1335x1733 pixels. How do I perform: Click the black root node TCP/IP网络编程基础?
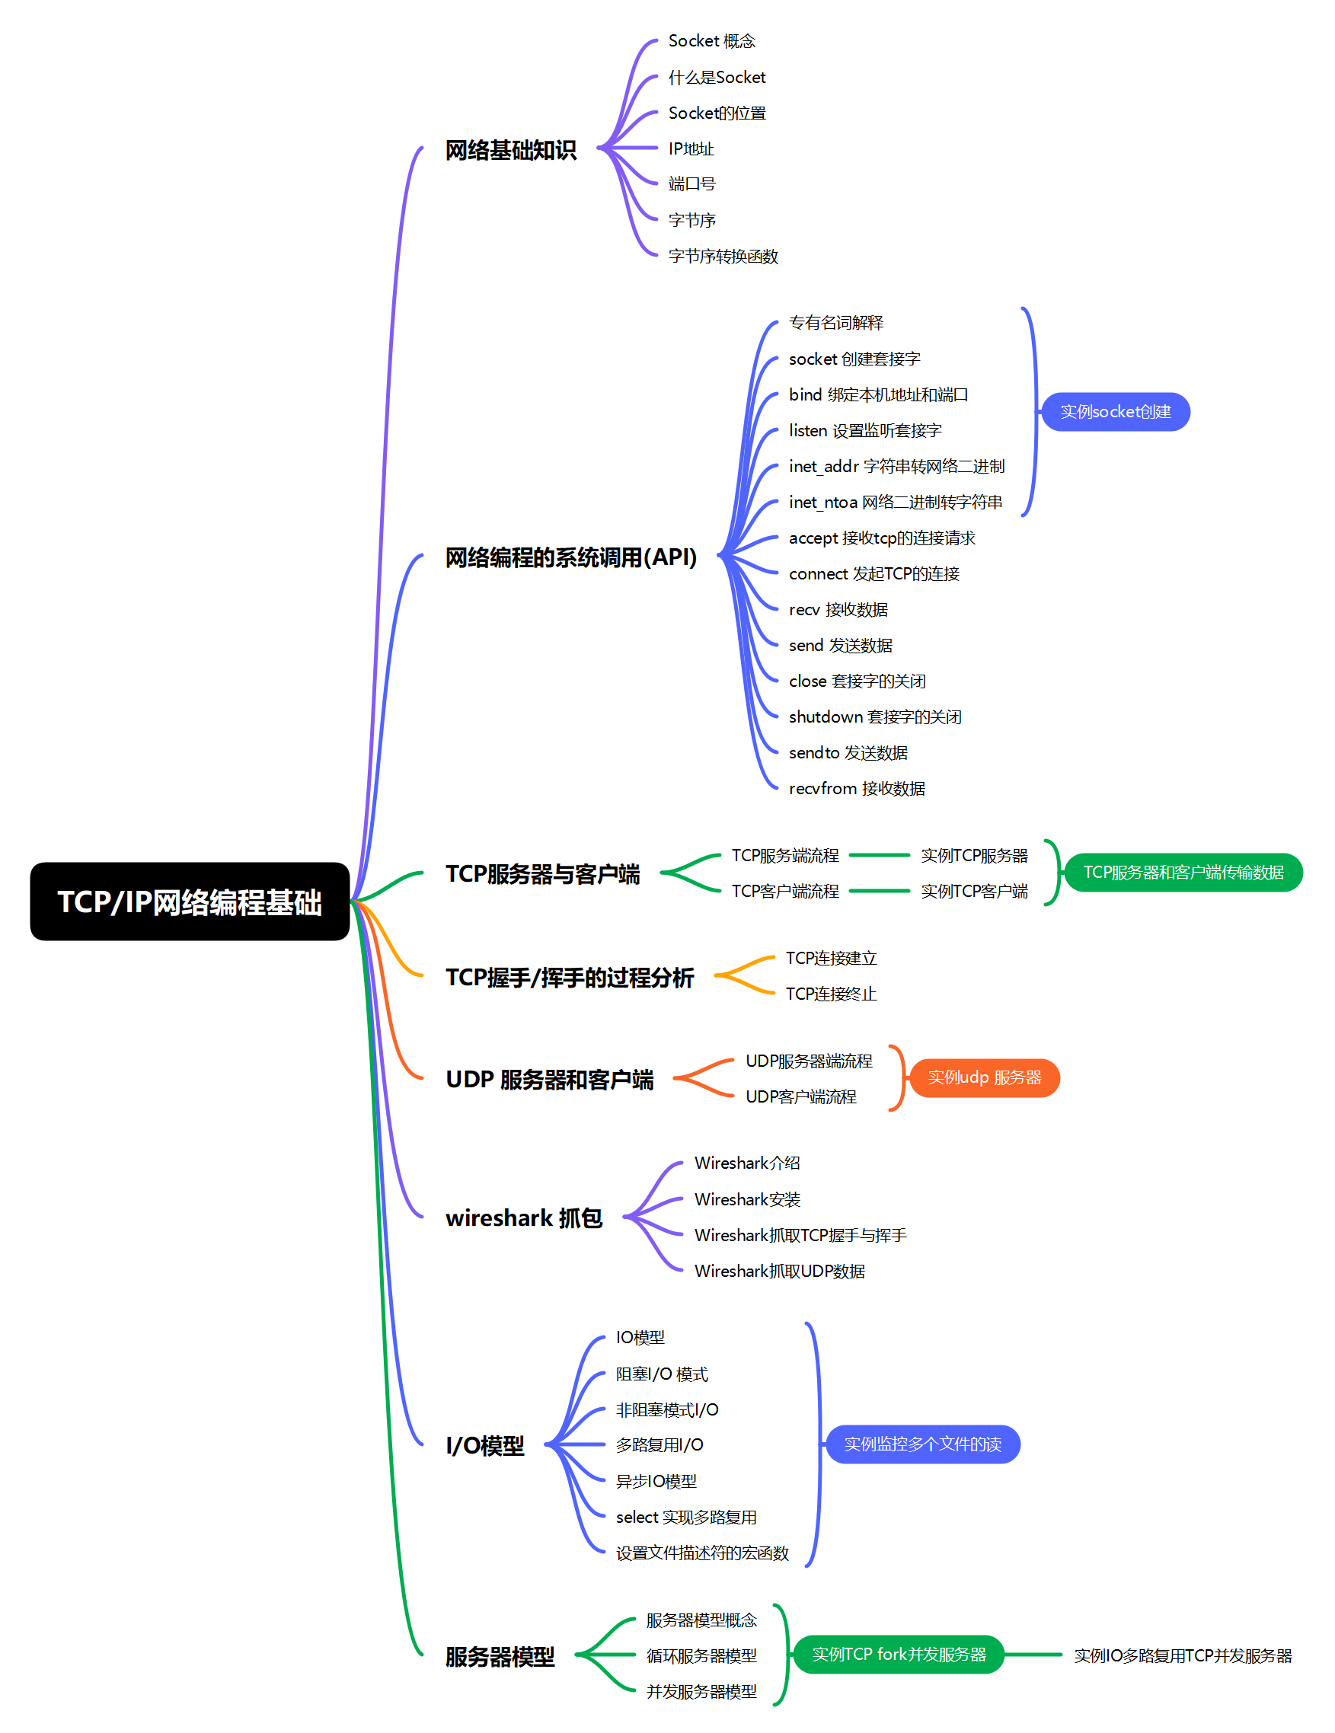click(190, 902)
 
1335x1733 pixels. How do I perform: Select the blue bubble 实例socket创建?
click(1115, 412)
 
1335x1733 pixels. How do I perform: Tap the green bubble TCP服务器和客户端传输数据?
click(1183, 872)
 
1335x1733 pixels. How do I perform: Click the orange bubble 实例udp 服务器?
click(984, 1077)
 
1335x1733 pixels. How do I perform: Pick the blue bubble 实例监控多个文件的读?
click(922, 1444)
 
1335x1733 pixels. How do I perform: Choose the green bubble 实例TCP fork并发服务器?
click(899, 1655)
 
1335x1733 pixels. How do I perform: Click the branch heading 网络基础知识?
click(510, 150)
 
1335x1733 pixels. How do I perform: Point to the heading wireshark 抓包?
click(524, 1218)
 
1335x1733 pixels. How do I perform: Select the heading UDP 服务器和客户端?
click(549, 1079)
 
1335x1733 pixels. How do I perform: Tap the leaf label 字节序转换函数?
click(723, 257)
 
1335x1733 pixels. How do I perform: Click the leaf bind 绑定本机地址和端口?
click(878, 394)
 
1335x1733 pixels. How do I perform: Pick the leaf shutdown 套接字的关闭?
click(875, 716)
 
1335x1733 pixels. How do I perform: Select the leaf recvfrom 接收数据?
click(857, 788)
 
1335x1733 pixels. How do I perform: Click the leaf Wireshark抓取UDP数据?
click(779, 1270)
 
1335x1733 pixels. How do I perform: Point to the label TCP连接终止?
click(831, 994)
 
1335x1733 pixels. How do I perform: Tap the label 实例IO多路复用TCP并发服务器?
click(1183, 1655)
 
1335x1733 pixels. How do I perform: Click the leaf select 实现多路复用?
click(685, 1517)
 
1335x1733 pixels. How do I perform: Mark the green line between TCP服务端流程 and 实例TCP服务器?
click(880, 855)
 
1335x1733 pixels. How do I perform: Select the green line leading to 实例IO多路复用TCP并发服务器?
click(1033, 1655)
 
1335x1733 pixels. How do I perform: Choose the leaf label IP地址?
click(691, 148)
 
